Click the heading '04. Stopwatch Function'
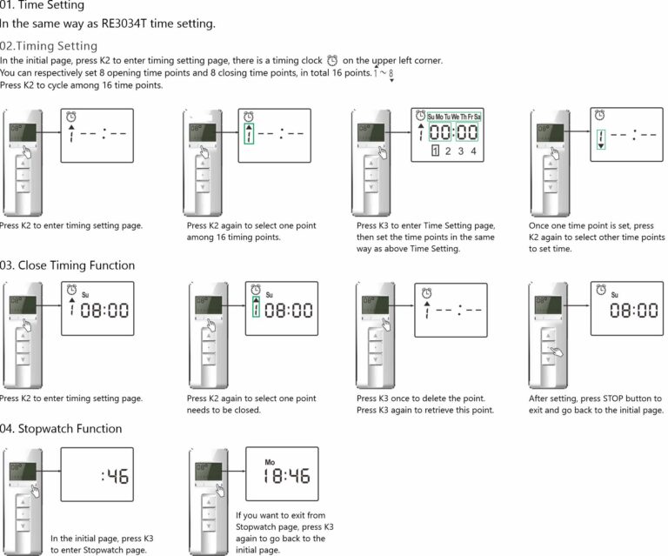click(61, 429)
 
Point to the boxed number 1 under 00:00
click(435, 151)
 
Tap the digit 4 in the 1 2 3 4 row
click(473, 151)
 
